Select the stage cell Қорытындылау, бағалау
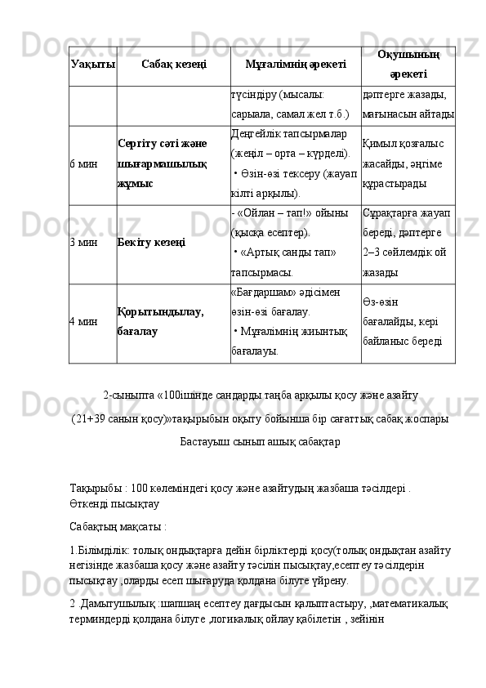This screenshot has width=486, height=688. pyautogui.click(x=162, y=322)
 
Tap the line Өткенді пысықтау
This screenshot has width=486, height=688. pyautogui.click(x=114, y=504)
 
